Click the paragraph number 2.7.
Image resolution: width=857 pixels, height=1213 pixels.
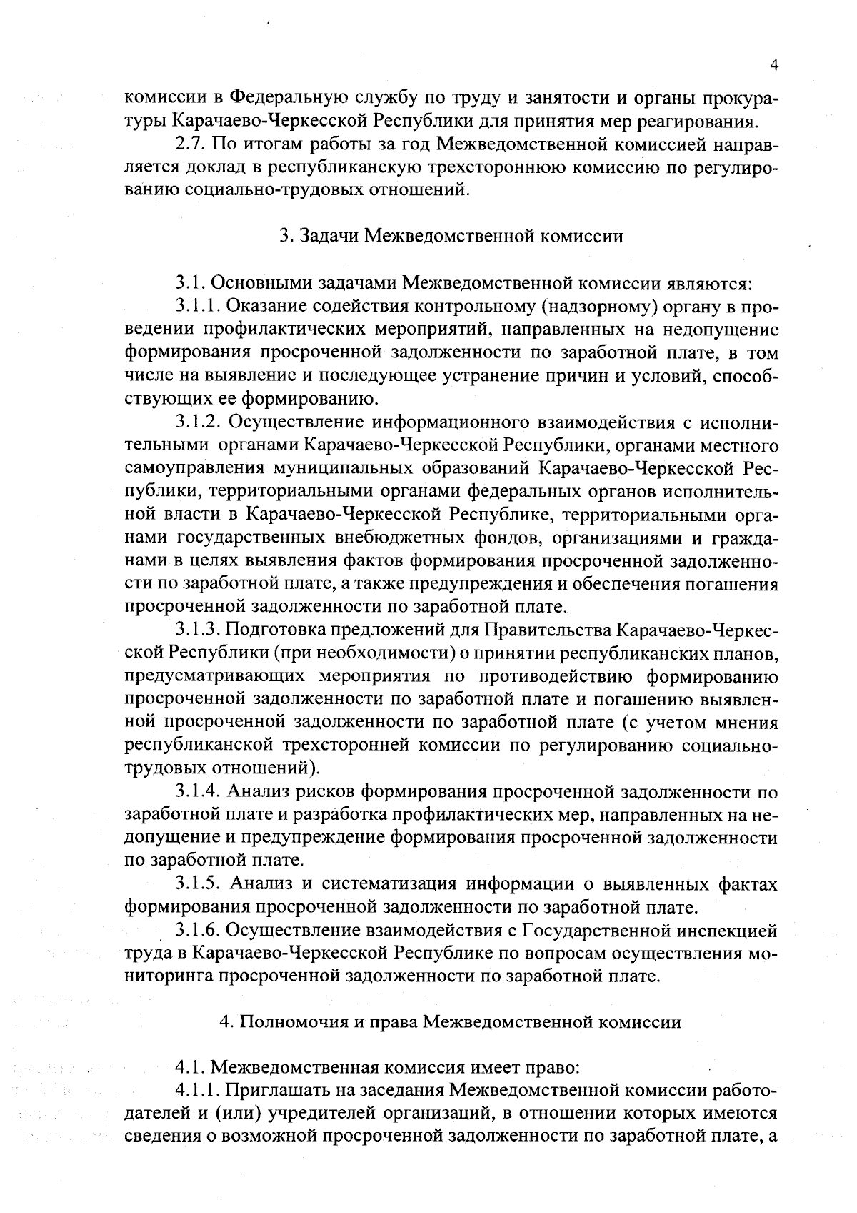click(x=189, y=145)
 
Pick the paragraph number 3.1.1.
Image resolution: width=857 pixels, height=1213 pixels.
click(x=198, y=307)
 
